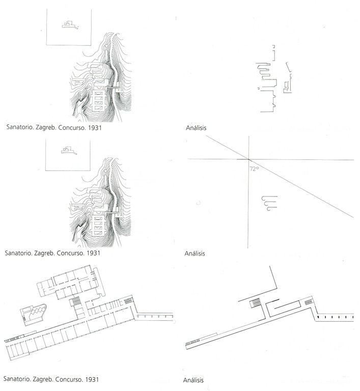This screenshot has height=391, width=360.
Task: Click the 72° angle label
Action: (x=254, y=169)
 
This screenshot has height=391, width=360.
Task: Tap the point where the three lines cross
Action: (x=248, y=159)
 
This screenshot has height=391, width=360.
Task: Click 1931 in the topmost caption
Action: (x=95, y=128)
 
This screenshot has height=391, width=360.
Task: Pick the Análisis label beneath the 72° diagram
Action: (x=195, y=254)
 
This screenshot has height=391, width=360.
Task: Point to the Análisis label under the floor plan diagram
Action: (x=193, y=380)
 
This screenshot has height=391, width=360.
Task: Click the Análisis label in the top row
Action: (x=196, y=128)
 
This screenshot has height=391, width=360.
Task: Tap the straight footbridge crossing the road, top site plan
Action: (x=114, y=87)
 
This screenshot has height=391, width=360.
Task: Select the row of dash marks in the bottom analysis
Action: (x=335, y=317)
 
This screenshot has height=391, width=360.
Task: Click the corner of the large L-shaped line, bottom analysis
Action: (x=276, y=288)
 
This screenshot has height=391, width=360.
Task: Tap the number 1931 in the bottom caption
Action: (x=92, y=379)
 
